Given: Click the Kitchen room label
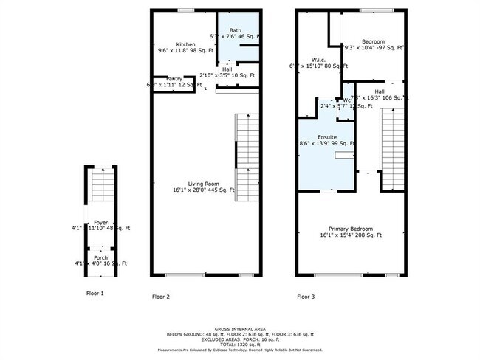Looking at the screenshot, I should [x=185, y=44].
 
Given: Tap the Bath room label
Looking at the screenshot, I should [x=236, y=30].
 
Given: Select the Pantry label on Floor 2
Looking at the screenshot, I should [x=174, y=78].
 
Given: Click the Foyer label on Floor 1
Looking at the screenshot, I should [x=100, y=223].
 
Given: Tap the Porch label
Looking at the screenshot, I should [x=100, y=257].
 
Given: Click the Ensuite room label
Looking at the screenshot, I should [x=327, y=137].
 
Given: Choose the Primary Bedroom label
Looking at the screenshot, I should [x=351, y=229].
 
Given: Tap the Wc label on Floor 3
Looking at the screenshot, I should [x=346, y=100].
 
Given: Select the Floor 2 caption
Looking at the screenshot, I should [x=161, y=297].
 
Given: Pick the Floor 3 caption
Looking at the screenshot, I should [x=306, y=297].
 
